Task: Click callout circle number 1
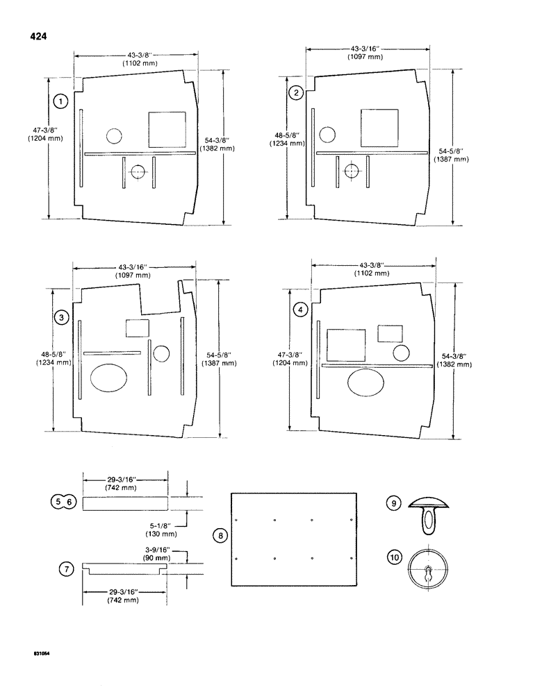[x=62, y=102]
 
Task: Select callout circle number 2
[x=297, y=93]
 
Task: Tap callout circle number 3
[x=62, y=317]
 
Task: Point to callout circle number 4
[x=299, y=310]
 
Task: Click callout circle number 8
[x=220, y=536]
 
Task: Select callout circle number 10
[x=394, y=557]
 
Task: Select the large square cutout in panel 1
[x=167, y=129]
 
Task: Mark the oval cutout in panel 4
[x=366, y=384]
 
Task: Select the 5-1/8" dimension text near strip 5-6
[x=161, y=525]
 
